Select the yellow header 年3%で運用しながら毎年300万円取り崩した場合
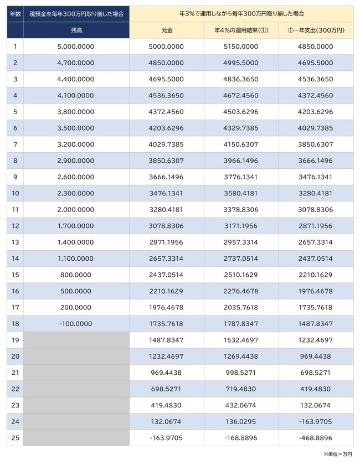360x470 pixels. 241,13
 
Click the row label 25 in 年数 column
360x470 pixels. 14,437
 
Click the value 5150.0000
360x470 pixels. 241,47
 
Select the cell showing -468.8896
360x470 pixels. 316,437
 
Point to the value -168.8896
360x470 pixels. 241,437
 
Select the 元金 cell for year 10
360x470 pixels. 166,193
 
